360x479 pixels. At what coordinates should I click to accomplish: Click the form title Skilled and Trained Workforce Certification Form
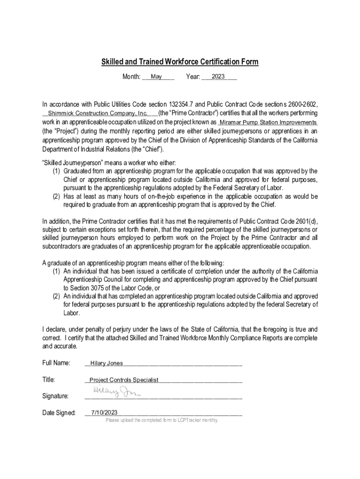pos(180,62)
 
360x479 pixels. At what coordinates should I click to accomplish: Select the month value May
pos(156,77)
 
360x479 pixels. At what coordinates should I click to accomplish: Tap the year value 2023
pos(218,77)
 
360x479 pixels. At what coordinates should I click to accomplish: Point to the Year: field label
pos(193,77)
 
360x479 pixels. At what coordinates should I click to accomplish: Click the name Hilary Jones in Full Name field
pos(107,363)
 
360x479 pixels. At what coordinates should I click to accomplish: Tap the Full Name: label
pos(56,363)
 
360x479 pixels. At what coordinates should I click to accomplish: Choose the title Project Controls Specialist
pos(124,380)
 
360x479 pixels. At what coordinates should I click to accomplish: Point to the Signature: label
pos(56,396)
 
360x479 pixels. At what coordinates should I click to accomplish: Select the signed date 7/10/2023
pos(104,413)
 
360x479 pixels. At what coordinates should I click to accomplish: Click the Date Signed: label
pos(59,413)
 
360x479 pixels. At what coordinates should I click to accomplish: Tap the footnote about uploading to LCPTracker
pos(162,420)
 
